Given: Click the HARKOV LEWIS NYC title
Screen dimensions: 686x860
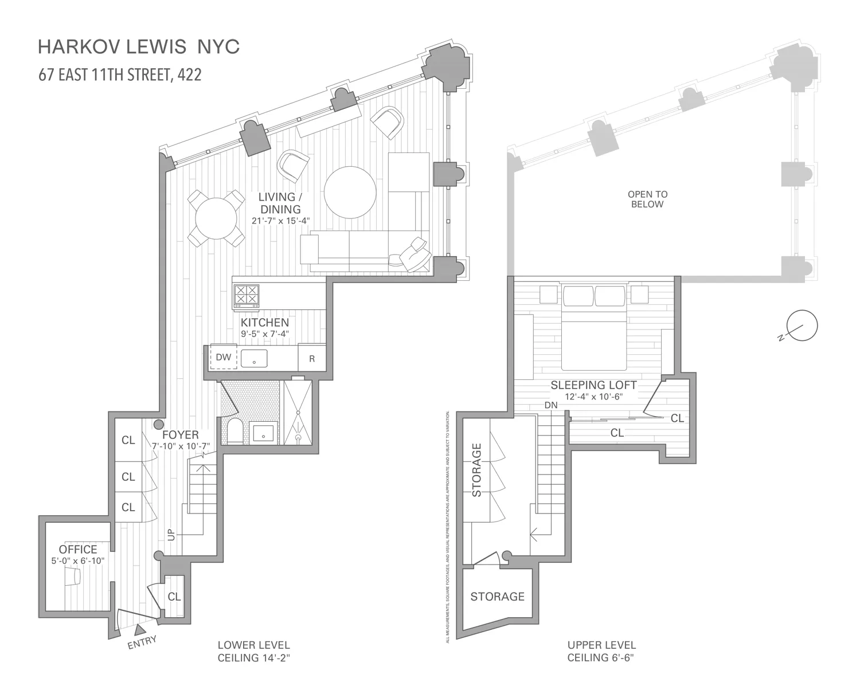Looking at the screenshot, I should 138,47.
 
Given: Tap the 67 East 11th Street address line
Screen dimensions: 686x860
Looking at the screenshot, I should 120,75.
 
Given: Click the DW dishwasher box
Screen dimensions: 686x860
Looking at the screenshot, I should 223,358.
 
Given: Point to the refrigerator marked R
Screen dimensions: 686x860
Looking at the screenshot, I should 312,359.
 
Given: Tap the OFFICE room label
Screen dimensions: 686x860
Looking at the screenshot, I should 78,550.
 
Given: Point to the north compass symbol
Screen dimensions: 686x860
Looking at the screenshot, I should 802,326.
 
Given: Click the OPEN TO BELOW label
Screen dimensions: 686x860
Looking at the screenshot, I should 647,199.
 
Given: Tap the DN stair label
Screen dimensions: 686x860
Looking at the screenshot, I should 551,405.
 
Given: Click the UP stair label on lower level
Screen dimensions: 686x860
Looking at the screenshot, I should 171,534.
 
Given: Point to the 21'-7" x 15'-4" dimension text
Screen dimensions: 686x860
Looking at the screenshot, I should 280,221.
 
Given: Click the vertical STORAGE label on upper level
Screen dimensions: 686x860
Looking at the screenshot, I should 476,469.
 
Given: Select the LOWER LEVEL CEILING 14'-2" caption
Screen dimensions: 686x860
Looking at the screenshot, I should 253,651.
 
